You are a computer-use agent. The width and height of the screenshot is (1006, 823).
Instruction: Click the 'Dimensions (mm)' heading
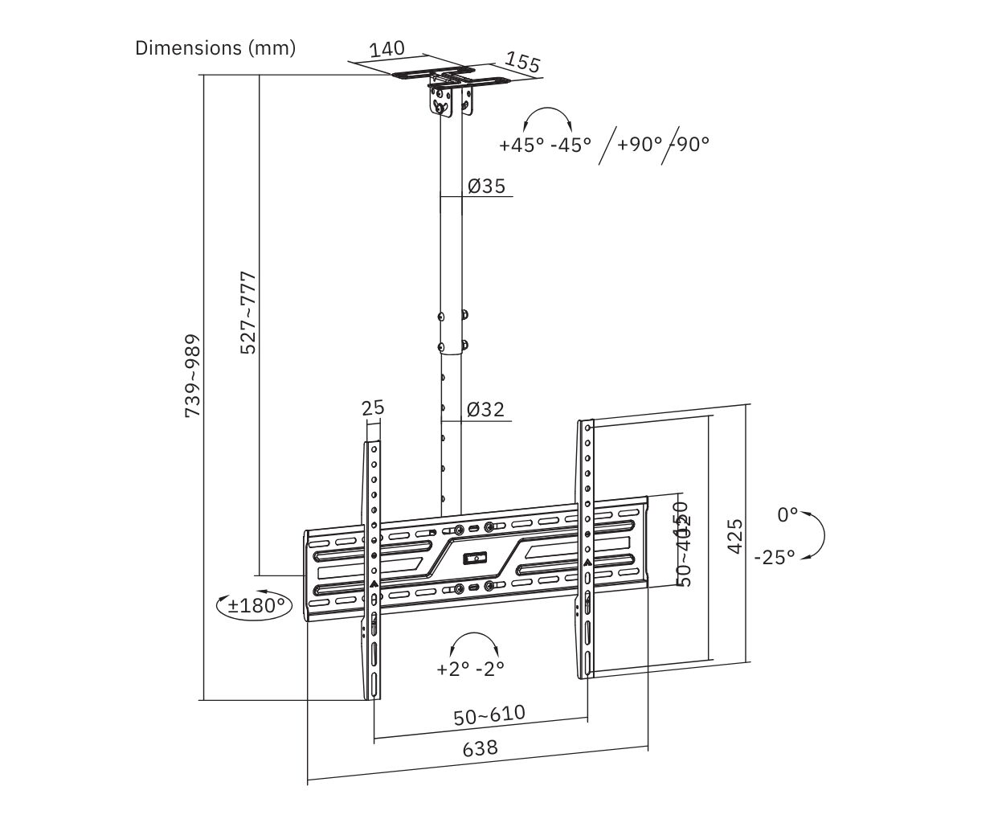(215, 48)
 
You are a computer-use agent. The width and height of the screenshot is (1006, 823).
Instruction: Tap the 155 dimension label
(523, 63)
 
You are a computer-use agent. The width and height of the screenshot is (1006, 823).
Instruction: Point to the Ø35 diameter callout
(486, 186)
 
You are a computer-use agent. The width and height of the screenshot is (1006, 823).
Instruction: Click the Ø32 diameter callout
(485, 410)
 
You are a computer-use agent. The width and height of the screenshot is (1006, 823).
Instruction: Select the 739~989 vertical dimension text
(193, 375)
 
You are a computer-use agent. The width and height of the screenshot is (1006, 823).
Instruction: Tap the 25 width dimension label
(373, 408)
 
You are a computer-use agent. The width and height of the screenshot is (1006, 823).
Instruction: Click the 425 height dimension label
(734, 536)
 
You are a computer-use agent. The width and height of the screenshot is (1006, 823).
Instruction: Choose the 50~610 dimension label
(489, 714)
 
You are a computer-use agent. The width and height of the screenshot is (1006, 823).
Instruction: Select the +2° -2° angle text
(471, 669)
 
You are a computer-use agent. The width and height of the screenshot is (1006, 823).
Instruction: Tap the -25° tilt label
(775, 556)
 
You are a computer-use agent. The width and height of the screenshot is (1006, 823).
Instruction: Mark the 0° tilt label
(787, 515)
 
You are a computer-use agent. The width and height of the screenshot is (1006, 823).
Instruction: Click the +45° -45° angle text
(545, 145)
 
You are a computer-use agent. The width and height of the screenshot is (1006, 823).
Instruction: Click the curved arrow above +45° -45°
(547, 117)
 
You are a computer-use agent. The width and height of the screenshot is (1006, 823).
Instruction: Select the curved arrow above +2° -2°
(474, 642)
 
